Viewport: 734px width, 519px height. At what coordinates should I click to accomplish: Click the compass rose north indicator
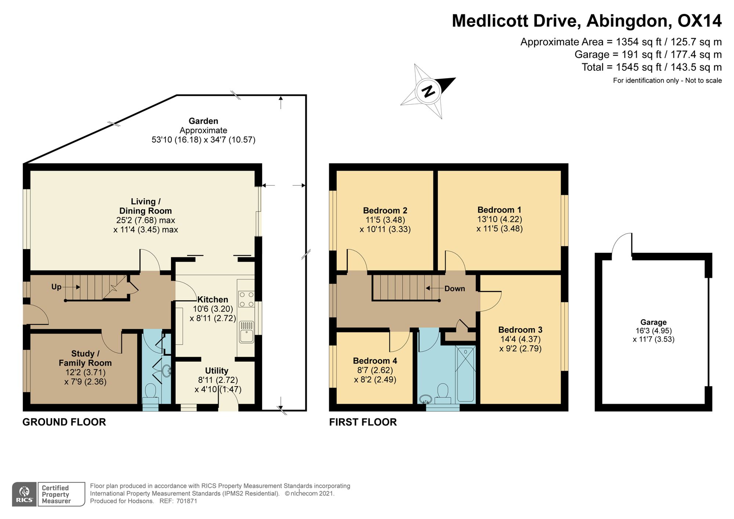pos(428,91)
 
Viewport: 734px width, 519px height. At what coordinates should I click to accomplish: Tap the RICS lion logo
pos(24,494)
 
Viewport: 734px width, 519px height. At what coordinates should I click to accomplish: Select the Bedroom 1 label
pos(499,210)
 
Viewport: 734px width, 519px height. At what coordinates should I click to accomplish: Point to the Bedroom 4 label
pos(375,361)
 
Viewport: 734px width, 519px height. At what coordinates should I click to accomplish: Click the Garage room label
pos(653,322)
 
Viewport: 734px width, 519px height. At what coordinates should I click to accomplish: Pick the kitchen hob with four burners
pos(246,299)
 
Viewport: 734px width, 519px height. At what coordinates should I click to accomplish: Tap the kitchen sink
pos(246,331)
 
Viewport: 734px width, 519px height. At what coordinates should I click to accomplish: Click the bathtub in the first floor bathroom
pos(465,374)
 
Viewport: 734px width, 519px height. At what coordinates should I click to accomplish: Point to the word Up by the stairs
pos(56,287)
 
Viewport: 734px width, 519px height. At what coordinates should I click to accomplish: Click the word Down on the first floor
pos(455,288)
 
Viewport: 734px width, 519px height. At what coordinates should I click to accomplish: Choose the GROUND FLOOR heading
pos(64,422)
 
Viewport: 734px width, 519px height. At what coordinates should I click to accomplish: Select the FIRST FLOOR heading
pos(363,422)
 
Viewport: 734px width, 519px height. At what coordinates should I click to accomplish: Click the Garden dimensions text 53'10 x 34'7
pos(203,140)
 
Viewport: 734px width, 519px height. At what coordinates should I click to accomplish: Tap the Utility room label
pos(217,371)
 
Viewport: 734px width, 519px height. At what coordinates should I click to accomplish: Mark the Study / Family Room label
pos(85,358)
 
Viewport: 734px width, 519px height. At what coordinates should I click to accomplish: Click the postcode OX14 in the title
pos(700,21)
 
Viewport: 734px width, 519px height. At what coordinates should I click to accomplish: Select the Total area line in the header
pos(651,67)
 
